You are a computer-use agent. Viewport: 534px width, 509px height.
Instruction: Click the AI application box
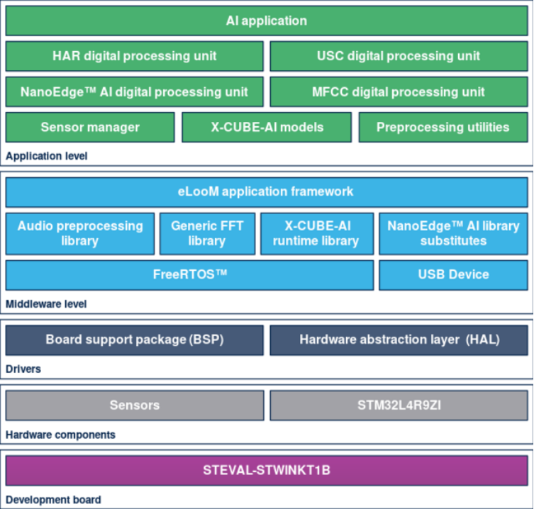267,21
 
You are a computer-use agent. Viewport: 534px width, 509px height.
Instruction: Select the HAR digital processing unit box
135,56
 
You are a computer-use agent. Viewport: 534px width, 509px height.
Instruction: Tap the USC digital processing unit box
399,56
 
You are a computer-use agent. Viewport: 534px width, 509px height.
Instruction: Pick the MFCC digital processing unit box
399,92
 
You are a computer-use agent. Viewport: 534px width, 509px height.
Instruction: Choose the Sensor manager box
90,128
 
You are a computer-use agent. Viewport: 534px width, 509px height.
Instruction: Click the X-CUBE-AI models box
267,128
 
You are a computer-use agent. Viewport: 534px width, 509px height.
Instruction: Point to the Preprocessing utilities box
443,128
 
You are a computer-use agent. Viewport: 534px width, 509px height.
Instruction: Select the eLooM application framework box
267,192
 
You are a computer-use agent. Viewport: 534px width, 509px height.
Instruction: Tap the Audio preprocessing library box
80,233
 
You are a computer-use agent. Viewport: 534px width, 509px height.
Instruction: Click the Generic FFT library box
207,233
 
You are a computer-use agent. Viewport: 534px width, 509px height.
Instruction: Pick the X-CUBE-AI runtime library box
317,233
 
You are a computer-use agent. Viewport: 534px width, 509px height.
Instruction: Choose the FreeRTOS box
189,275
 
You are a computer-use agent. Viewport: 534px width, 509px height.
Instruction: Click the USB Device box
454,275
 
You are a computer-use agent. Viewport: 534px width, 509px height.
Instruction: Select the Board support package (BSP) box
135,340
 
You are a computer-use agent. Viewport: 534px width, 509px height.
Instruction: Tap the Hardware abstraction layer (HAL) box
399,340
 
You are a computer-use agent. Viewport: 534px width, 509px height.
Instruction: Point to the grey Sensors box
135,405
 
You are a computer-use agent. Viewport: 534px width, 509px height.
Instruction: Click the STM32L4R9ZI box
399,405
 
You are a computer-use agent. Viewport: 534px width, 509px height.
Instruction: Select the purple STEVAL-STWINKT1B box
267,470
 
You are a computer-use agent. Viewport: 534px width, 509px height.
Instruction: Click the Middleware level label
46,303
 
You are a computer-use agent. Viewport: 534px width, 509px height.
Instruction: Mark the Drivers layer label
23,369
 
